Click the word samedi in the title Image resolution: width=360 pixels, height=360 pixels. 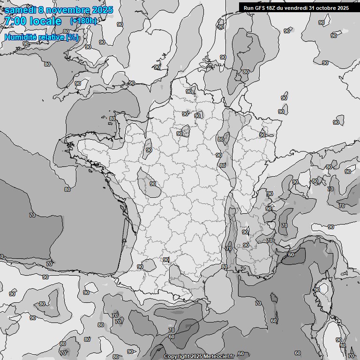pyautogui.click(x=21, y=9)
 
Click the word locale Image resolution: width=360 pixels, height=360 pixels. pyautogui.click(x=45, y=21)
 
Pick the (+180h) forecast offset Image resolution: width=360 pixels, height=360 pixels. pyautogui.click(x=83, y=21)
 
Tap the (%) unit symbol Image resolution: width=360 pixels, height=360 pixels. pyautogui.click(x=73, y=37)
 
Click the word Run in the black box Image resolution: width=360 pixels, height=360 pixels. pyautogui.click(x=248, y=7)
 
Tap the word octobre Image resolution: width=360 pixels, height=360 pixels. pyautogui.click(x=328, y=7)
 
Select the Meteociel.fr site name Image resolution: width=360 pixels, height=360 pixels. pyautogui.click(x=219, y=356)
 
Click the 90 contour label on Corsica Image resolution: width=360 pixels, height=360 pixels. pyautogui.click(x=317, y=290)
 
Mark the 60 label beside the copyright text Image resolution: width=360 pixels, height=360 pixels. pyautogui.click(x=240, y=354)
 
